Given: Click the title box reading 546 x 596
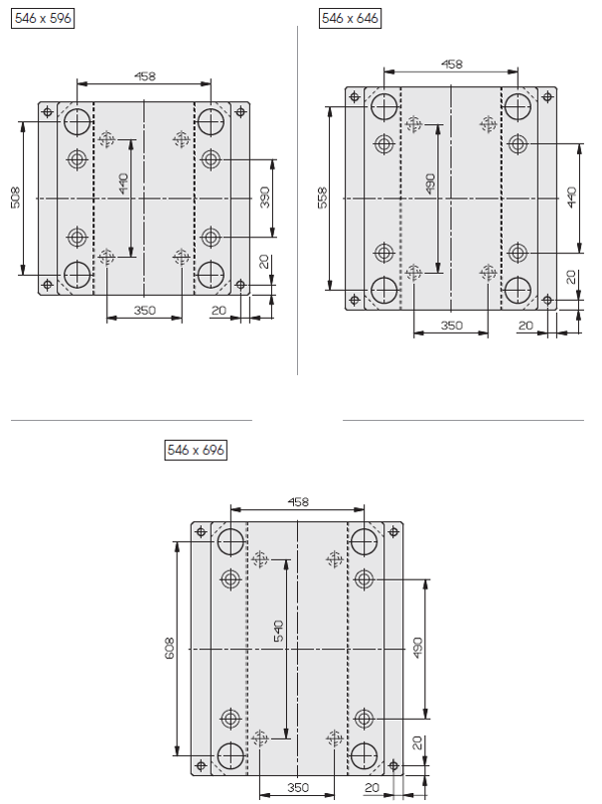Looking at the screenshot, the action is pyautogui.click(x=43, y=19).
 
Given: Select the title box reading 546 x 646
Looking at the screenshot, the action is pyautogui.click(x=350, y=19).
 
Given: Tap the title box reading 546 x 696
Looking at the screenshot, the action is pyautogui.click(x=196, y=450).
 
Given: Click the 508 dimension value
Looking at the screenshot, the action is pyautogui.click(x=15, y=198).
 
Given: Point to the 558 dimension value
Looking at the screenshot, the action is pyautogui.click(x=322, y=198).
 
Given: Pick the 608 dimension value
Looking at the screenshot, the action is pyautogui.click(x=170, y=648).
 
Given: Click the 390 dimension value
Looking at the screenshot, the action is pyautogui.click(x=265, y=198).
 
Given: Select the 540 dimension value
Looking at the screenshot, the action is pyautogui.click(x=278, y=631).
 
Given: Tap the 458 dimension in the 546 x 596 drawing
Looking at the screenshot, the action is pyautogui.click(x=145, y=76).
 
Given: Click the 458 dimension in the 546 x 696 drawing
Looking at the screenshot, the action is pyautogui.click(x=298, y=501).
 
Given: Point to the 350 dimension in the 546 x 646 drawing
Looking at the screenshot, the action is pyautogui.click(x=452, y=326).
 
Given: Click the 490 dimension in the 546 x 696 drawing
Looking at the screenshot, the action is pyautogui.click(x=418, y=648).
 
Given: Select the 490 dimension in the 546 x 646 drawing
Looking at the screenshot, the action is pyautogui.click(x=430, y=184).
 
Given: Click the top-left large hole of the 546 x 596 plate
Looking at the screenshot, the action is pyautogui.click(x=77, y=121).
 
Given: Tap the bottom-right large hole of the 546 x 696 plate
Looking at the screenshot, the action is pyautogui.click(x=364, y=755).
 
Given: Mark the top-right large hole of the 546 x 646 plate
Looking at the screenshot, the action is pyautogui.click(x=518, y=106).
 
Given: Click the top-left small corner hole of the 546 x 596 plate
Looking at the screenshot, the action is pyautogui.click(x=48, y=111).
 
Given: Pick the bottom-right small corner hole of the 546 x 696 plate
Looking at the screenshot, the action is pyautogui.click(x=393, y=765).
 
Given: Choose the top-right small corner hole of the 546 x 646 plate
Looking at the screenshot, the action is pyautogui.click(x=547, y=96).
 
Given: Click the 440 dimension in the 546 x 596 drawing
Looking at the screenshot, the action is pyautogui.click(x=123, y=184).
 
